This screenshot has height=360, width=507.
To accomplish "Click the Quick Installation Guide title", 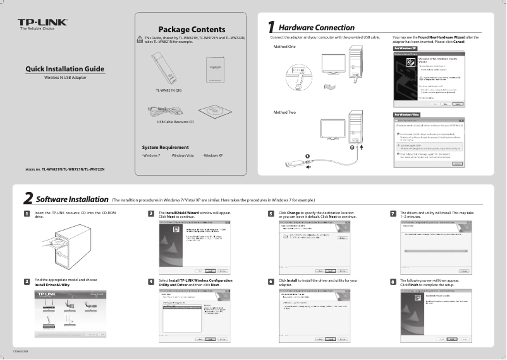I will [x=65, y=69].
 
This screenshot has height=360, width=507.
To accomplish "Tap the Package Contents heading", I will [x=191, y=30].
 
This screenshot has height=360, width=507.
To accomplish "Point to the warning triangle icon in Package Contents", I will [x=140, y=40].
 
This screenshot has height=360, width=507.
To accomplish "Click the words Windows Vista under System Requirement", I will [x=183, y=155].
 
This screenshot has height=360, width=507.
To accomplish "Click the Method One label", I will [x=284, y=47].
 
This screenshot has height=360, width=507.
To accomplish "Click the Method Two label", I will [x=284, y=112].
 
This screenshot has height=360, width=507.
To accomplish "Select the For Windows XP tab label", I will [x=405, y=48].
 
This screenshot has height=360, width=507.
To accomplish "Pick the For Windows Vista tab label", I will [x=407, y=114].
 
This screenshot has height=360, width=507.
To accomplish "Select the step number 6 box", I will [x=271, y=281].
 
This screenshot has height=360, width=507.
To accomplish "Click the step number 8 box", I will [x=393, y=281].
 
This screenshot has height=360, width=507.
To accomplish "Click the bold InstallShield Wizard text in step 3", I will [x=182, y=213].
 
